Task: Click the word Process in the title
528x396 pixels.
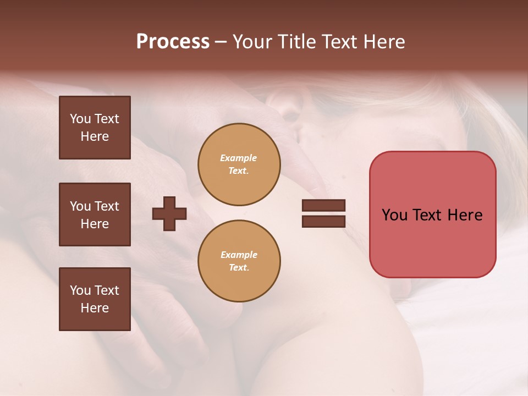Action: coord(173,42)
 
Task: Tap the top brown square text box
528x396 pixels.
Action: coord(95,128)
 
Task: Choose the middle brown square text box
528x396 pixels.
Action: coord(95,215)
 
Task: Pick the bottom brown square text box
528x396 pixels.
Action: coord(95,299)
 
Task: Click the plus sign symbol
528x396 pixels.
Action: coord(169,213)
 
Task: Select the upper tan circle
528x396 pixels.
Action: coord(239,164)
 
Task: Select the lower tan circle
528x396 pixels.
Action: coord(239,261)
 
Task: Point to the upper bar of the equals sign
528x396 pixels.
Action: coord(323,205)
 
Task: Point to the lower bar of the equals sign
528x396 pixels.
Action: coord(323,221)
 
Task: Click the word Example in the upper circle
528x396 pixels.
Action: coord(239,158)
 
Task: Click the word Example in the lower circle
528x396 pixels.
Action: coord(239,255)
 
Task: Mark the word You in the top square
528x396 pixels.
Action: coord(80,119)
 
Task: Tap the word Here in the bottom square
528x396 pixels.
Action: coord(95,308)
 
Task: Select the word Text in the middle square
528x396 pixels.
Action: coord(107,206)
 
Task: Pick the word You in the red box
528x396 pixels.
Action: coord(394,215)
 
